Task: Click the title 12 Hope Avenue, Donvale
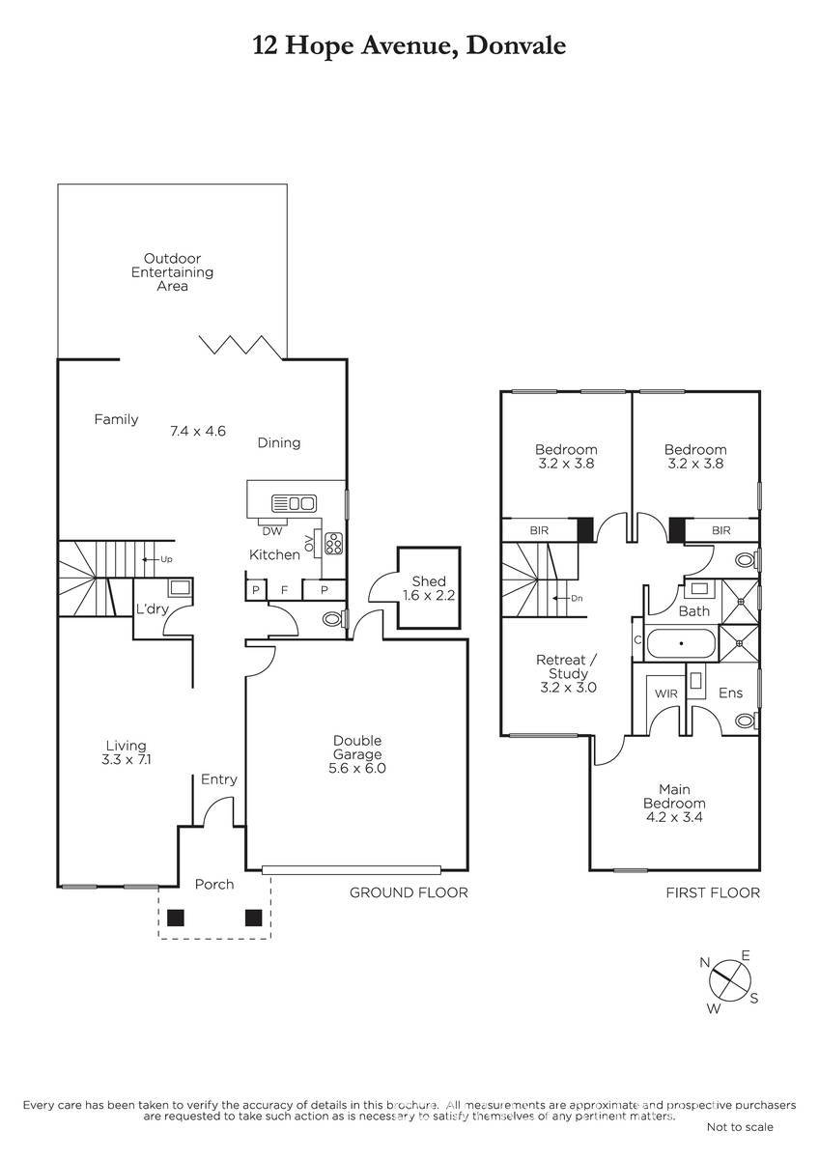(x=409, y=46)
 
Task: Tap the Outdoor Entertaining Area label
(x=172, y=271)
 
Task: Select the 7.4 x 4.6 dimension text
(x=198, y=431)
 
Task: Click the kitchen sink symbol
(x=294, y=503)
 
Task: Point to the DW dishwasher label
(x=272, y=531)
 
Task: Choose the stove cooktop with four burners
(x=333, y=543)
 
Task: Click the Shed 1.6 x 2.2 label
(x=429, y=588)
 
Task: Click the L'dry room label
(x=152, y=609)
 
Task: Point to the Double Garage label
(x=357, y=754)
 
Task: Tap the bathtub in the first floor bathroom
(x=682, y=643)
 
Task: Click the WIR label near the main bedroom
(x=665, y=693)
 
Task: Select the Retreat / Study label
(x=568, y=674)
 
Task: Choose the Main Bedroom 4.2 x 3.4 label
(x=674, y=803)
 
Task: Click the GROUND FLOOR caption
(x=409, y=892)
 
